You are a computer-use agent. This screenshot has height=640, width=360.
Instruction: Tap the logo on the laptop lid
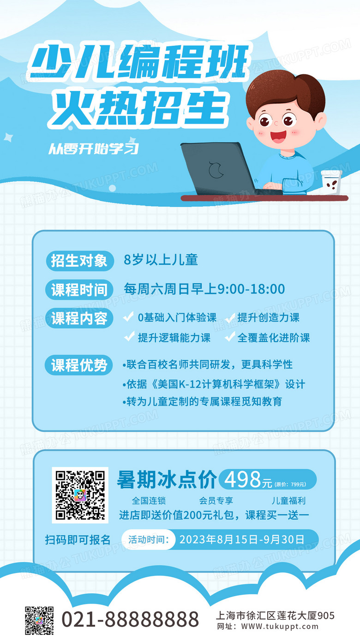point(216,170)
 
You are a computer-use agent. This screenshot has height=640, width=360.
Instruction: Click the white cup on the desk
point(331,182)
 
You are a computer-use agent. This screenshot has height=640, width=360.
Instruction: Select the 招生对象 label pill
point(79,261)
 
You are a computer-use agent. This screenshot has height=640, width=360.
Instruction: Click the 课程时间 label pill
point(79,290)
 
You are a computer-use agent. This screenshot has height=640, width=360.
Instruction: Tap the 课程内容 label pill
point(79,318)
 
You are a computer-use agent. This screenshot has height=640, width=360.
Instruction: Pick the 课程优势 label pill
point(79,365)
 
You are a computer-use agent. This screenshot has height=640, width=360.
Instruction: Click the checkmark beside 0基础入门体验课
point(128,316)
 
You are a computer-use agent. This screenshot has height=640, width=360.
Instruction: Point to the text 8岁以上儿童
point(161,260)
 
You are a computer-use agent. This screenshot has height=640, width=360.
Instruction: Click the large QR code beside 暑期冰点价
point(80,495)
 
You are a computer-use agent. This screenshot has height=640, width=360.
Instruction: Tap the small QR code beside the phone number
point(39,621)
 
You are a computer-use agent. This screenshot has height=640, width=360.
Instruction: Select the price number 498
point(243,479)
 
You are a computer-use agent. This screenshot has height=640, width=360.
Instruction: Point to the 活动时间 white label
point(148,539)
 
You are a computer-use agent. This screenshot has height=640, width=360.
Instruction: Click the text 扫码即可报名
point(78,540)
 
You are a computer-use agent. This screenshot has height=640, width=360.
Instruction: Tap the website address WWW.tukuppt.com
point(280,627)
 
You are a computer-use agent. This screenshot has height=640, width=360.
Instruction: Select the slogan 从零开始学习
point(93,149)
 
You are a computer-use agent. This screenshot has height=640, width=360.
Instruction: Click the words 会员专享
point(216,501)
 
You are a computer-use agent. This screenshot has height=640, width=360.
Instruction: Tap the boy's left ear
point(321,121)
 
